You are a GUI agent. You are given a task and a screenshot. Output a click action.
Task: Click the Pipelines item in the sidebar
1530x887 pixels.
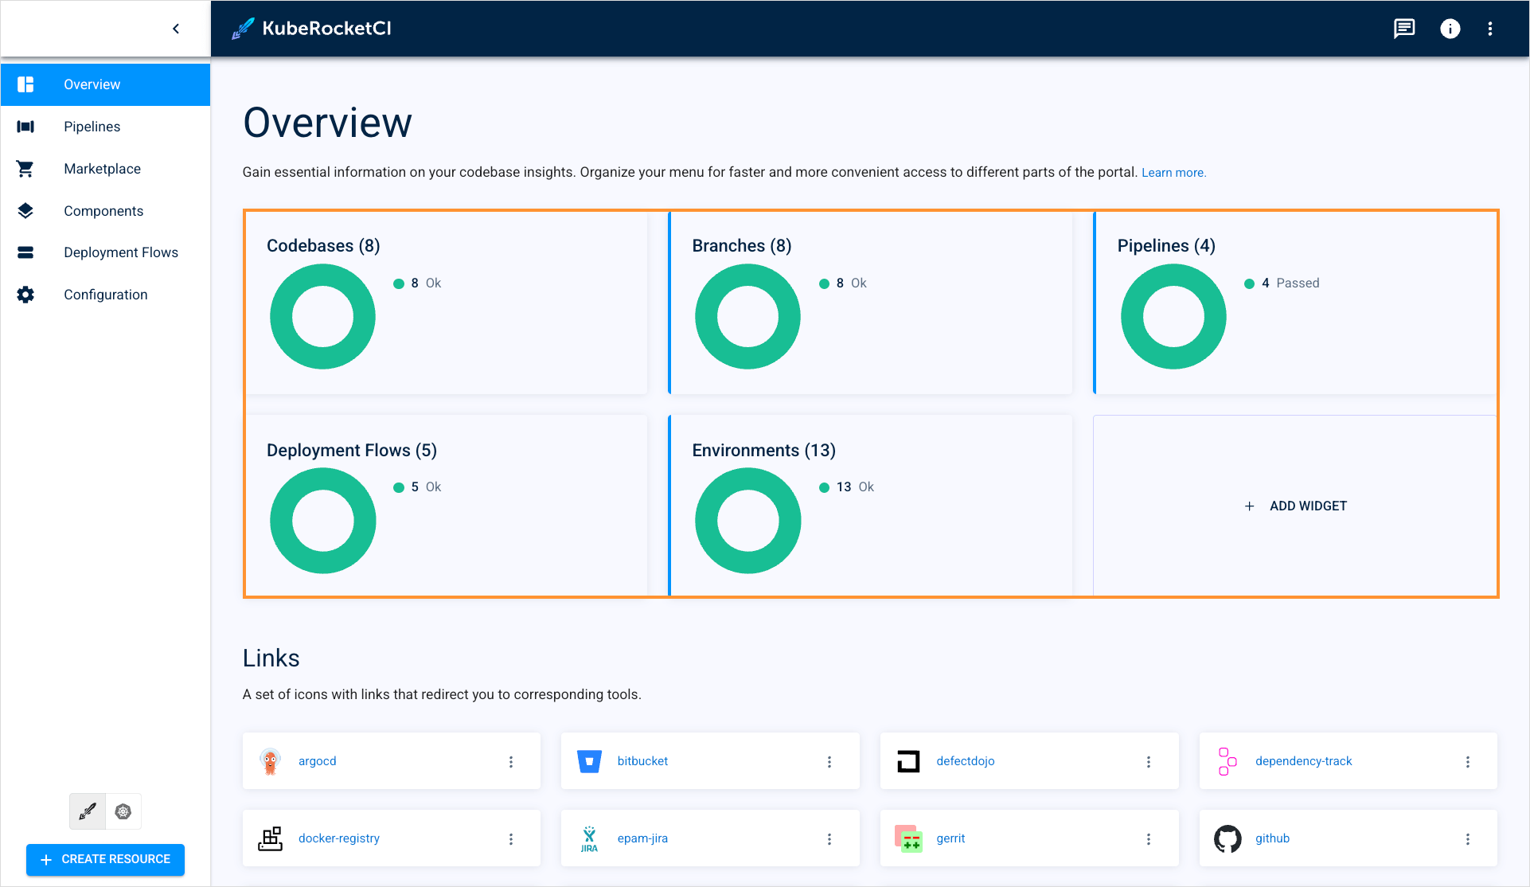(92, 127)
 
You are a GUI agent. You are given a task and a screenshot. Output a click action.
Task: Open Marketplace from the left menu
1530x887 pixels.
(102, 169)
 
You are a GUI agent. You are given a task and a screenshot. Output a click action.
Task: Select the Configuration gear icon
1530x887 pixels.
(25, 295)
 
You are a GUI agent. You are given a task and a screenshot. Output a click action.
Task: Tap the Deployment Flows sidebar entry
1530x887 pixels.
(120, 252)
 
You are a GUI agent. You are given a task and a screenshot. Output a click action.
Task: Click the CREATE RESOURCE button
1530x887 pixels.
(106, 859)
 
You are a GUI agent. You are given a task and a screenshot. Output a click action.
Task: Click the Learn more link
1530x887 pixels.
(1173, 173)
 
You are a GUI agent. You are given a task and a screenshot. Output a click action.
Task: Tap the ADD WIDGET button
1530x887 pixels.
(1296, 506)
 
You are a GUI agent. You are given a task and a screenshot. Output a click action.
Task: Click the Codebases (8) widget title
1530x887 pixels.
(323, 246)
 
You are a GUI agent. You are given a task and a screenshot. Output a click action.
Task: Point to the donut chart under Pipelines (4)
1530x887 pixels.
(1173, 317)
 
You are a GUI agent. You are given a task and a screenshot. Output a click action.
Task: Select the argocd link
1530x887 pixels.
(317, 761)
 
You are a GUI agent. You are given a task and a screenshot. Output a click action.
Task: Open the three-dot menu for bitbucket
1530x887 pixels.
(829, 762)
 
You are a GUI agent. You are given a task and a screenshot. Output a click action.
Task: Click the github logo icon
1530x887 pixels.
(1228, 838)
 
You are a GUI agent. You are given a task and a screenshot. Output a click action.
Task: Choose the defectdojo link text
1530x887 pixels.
(965, 761)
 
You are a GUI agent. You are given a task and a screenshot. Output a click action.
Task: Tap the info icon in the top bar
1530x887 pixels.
(1450, 29)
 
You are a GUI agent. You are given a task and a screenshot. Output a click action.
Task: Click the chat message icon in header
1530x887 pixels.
(1404, 29)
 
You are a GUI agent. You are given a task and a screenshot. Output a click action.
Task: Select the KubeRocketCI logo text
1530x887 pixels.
(326, 29)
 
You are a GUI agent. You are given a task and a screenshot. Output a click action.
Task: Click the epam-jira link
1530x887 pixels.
(642, 838)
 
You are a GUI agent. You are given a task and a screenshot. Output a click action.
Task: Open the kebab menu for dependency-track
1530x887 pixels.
(1468, 762)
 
